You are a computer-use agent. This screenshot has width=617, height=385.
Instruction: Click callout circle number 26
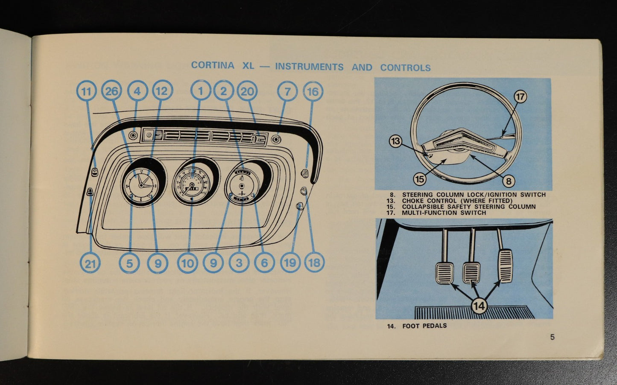click(112, 91)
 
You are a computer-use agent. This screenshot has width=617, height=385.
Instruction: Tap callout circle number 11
click(87, 91)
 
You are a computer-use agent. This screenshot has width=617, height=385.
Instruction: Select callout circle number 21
click(90, 263)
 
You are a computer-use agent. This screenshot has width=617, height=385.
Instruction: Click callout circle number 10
click(188, 263)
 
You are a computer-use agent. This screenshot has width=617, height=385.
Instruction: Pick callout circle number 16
click(313, 91)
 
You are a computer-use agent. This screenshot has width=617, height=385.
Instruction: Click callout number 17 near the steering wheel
click(520, 97)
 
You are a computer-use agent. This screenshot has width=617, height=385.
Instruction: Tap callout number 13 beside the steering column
click(396, 141)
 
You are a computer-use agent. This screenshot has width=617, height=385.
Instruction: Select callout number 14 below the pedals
click(479, 306)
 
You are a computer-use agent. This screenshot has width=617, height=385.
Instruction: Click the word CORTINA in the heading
click(213, 66)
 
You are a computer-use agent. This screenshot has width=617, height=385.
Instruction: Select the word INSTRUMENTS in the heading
click(309, 67)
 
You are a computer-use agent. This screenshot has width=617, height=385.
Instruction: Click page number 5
click(552, 337)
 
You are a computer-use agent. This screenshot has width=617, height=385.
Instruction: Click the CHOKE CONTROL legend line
click(456, 201)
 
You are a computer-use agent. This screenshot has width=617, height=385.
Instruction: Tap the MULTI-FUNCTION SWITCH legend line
click(444, 213)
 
